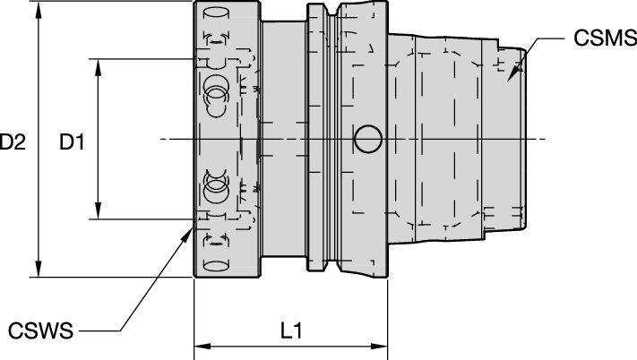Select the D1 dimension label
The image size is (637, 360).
click(x=72, y=141)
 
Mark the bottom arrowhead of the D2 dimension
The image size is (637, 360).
click(x=39, y=271)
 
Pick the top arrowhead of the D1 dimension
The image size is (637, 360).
click(x=97, y=65)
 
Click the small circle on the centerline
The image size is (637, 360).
click(x=366, y=139)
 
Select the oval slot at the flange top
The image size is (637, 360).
click(x=215, y=13)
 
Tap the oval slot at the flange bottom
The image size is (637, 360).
click(x=215, y=265)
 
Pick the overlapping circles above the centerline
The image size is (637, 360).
click(x=216, y=90)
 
